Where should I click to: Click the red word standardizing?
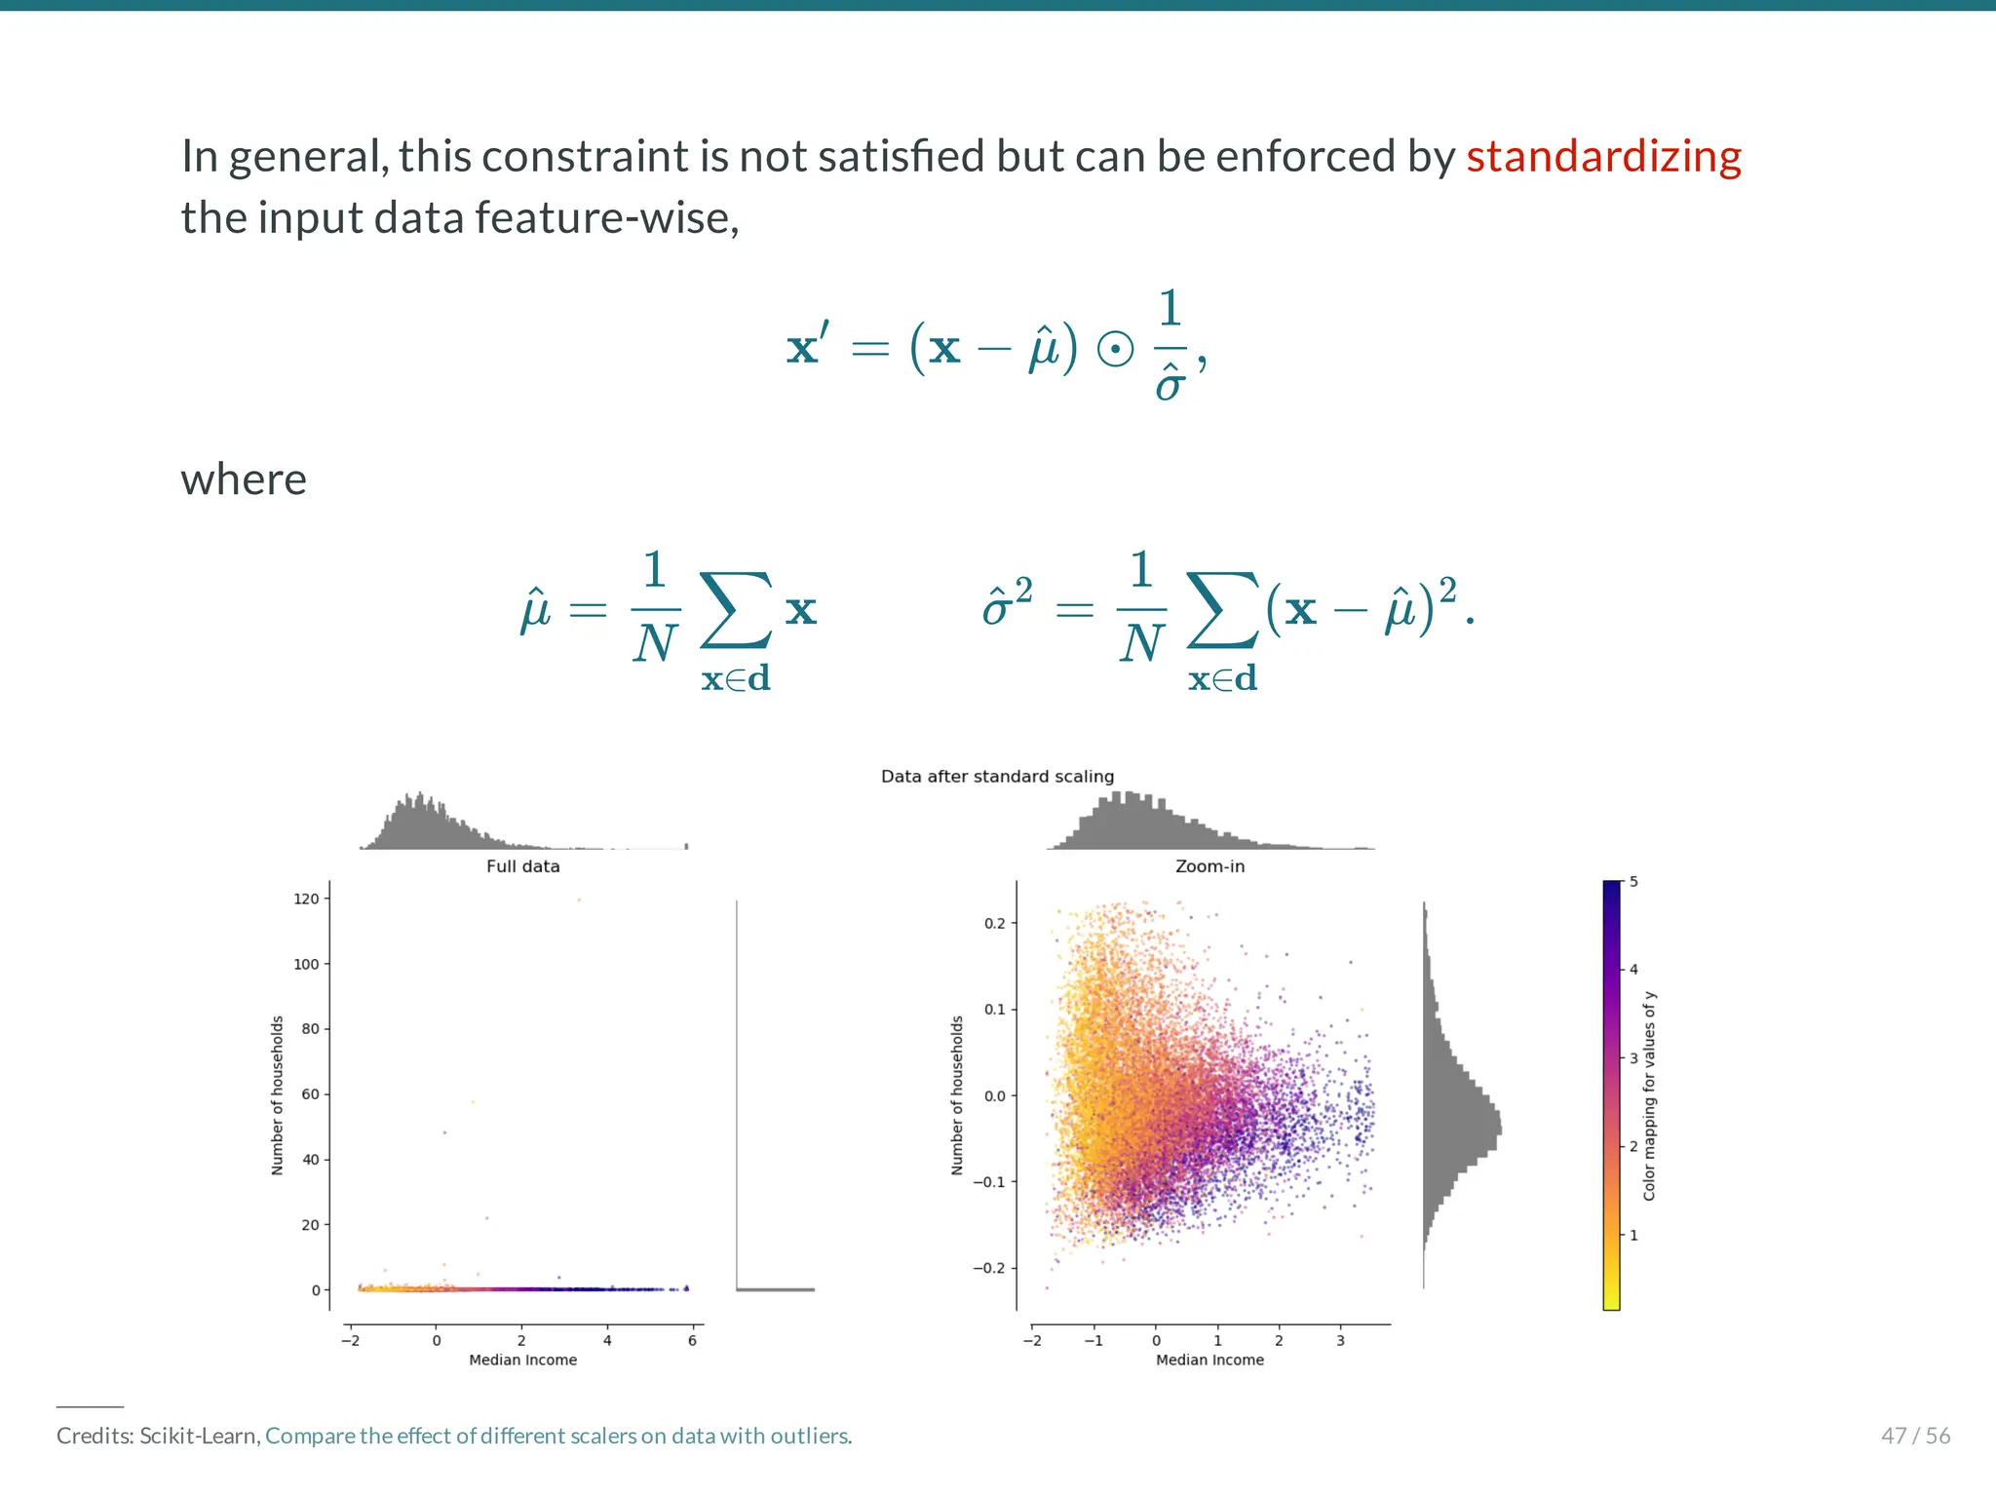pyautogui.click(x=1603, y=157)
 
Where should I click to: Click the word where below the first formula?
pyautogui.click(x=244, y=479)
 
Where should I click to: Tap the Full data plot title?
pyautogui.click(x=523, y=866)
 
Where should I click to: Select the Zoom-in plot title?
pyautogui.click(x=1209, y=866)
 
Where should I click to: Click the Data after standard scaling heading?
pyautogui.click(x=997, y=777)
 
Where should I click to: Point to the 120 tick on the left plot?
pyautogui.click(x=306, y=899)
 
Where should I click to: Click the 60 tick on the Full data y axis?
pyautogui.click(x=310, y=1094)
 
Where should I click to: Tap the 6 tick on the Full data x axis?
pyautogui.click(x=692, y=1340)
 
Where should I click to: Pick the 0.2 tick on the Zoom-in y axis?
pyautogui.click(x=994, y=923)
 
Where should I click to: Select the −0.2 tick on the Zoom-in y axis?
pyautogui.click(x=989, y=1268)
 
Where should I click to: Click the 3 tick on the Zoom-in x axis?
pyautogui.click(x=1340, y=1340)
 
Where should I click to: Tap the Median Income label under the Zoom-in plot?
pyautogui.click(x=1209, y=1360)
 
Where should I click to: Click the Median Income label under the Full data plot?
pyautogui.click(x=523, y=1360)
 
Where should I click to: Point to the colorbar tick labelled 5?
pyautogui.click(x=1633, y=882)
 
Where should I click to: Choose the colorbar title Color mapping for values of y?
pyautogui.click(x=1649, y=1095)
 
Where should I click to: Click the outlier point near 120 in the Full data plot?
pyautogui.click(x=579, y=900)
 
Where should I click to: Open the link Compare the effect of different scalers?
pyautogui.click(x=557, y=1436)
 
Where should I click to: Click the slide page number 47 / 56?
pyautogui.click(x=1915, y=1436)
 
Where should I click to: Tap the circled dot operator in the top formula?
pyautogui.click(x=1115, y=349)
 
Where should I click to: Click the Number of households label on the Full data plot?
pyautogui.click(x=278, y=1094)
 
